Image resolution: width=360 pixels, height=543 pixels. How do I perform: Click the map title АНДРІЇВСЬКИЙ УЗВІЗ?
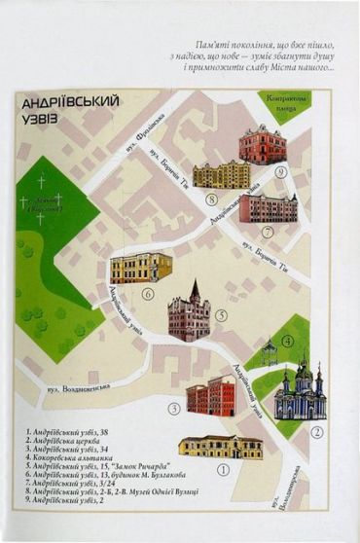pyautogui.click(x=67, y=108)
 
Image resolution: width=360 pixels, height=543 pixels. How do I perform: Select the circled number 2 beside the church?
pyautogui.click(x=316, y=432)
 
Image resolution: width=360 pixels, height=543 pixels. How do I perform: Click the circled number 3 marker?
pyautogui.click(x=174, y=409)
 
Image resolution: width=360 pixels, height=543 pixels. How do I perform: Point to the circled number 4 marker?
pyautogui.click(x=287, y=341)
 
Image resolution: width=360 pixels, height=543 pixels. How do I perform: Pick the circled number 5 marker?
pyautogui.click(x=222, y=315)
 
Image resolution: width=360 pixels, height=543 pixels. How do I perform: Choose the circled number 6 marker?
pyautogui.click(x=148, y=293)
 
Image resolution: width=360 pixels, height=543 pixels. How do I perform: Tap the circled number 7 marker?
pyautogui.click(x=268, y=232)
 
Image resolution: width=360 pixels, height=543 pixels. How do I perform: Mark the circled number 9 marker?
pyautogui.click(x=280, y=172)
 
